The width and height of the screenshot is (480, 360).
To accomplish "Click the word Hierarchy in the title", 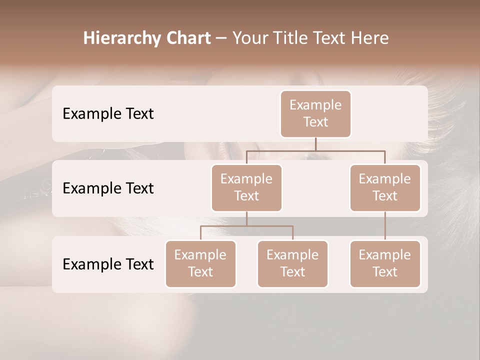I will click(118, 38).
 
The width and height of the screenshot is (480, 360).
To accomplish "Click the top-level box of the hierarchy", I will click(315, 113).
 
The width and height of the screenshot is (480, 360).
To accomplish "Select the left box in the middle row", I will click(246, 187).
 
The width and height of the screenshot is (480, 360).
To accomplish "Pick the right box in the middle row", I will click(385, 187).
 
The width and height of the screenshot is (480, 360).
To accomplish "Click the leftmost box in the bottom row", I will click(200, 263).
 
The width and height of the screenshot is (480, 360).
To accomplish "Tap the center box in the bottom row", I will click(292, 263).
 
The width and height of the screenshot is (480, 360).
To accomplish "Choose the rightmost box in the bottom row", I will click(385, 263).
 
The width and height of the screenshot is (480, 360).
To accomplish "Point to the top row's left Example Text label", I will click(108, 113).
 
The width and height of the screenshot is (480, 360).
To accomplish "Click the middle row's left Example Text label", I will click(108, 188).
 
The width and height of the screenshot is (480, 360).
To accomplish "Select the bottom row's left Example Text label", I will click(108, 264).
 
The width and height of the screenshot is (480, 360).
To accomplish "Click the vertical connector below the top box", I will click(315, 144).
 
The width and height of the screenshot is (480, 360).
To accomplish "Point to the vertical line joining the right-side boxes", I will click(385, 226).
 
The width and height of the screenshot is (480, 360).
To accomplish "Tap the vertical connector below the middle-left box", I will click(246, 218).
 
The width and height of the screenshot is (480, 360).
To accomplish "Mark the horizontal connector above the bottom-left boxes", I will click(246, 226).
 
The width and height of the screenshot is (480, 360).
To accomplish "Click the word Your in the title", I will click(250, 38).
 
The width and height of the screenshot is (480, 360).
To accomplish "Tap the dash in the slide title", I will click(221, 38).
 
